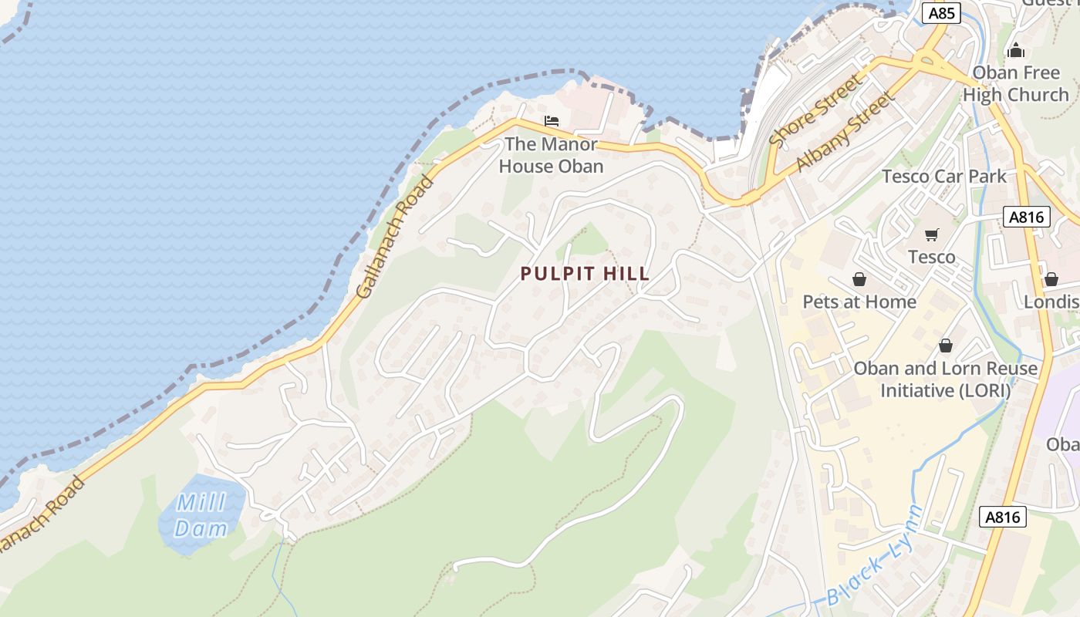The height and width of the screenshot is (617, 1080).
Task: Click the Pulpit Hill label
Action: (585, 274)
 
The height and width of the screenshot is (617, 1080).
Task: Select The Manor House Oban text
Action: (551, 155)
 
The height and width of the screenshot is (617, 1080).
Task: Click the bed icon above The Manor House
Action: (551, 121)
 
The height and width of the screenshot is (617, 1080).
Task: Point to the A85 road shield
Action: (942, 13)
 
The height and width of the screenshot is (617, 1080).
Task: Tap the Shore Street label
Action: (815, 110)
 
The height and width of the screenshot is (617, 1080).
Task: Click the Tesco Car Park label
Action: (944, 177)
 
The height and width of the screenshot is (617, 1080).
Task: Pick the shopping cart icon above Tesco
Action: (932, 234)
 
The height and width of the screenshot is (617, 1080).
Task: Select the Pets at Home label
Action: (859, 302)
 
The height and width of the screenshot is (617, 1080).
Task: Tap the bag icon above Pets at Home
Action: (859, 279)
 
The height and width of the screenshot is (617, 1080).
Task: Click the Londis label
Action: (1051, 302)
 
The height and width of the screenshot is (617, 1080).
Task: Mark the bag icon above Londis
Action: (1051, 279)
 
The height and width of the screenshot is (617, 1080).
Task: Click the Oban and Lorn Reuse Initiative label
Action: (945, 379)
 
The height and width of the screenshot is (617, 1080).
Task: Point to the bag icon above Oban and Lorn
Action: (945, 346)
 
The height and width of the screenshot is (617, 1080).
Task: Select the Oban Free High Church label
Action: (1015, 84)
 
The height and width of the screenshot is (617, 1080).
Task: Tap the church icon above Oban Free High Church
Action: (1016, 50)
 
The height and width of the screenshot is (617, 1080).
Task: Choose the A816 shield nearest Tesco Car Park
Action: (1027, 217)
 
